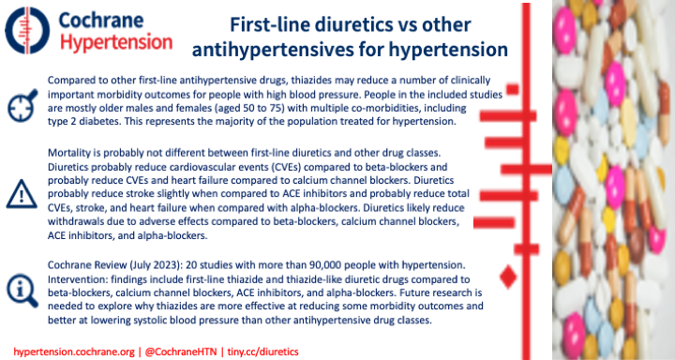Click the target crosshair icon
22,104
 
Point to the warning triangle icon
22,191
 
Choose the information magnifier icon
22,287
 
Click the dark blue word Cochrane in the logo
115,18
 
